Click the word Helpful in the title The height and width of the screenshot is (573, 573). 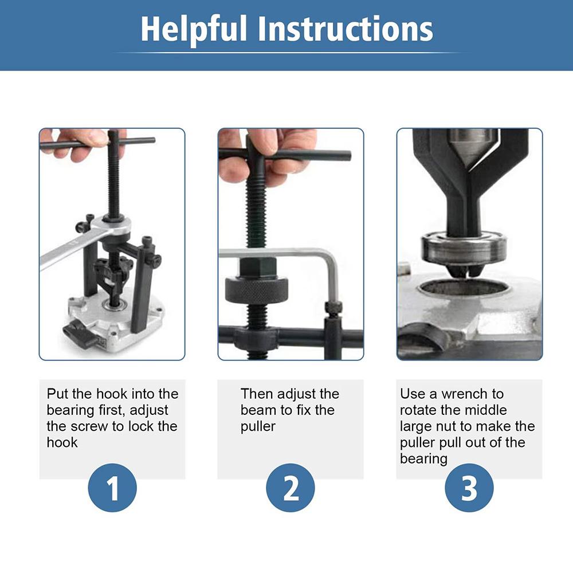pyautogui.click(x=193, y=29)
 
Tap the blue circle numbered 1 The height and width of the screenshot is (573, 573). pyautogui.click(x=112, y=488)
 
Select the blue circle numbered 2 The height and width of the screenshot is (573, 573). pyautogui.click(x=291, y=488)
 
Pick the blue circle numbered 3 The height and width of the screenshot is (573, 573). pyautogui.click(x=469, y=488)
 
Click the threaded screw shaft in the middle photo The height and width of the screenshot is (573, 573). pyautogui.click(x=256, y=212)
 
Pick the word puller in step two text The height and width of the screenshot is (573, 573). pyautogui.click(x=258, y=426)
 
